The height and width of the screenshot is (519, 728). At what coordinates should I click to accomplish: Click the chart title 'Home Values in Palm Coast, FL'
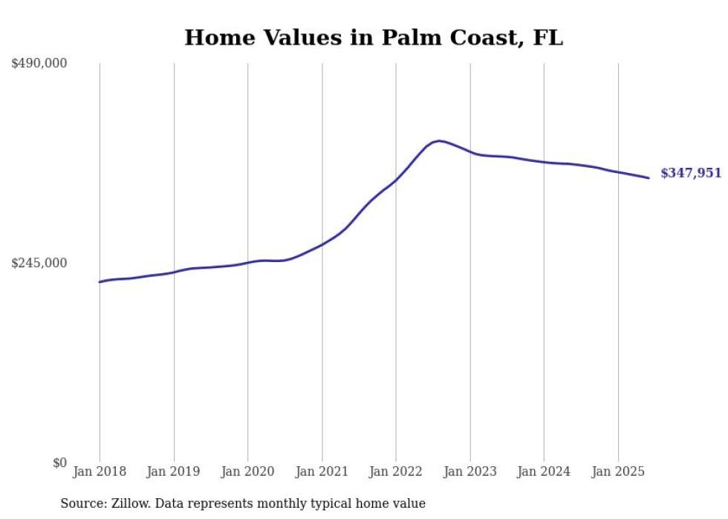(374, 38)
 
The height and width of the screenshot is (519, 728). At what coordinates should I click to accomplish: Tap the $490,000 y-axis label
(39, 64)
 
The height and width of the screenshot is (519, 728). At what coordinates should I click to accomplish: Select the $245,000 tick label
(39, 263)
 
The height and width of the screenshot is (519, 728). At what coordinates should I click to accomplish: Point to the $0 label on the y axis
(59, 463)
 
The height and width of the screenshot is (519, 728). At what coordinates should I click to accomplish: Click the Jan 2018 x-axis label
(100, 471)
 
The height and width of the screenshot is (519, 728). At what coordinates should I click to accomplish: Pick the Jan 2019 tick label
(174, 471)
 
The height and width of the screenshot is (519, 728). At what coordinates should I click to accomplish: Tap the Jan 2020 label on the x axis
(247, 471)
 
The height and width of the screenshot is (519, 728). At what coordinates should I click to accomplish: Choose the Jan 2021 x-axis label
(322, 471)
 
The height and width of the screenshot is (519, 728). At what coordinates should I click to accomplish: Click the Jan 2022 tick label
(396, 471)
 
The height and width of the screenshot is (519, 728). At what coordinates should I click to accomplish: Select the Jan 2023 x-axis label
(469, 471)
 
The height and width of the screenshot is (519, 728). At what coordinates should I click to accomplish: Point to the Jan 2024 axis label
(544, 471)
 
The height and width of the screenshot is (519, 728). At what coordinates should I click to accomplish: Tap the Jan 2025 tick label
(618, 471)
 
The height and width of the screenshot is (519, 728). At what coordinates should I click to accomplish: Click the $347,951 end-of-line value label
(691, 173)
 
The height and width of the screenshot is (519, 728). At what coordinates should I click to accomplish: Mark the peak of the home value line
(439, 140)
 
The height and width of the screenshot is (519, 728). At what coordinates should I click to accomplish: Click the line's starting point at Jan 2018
(100, 282)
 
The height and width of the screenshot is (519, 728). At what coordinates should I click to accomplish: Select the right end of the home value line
(649, 177)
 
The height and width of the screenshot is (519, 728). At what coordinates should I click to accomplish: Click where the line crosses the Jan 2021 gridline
(322, 244)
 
